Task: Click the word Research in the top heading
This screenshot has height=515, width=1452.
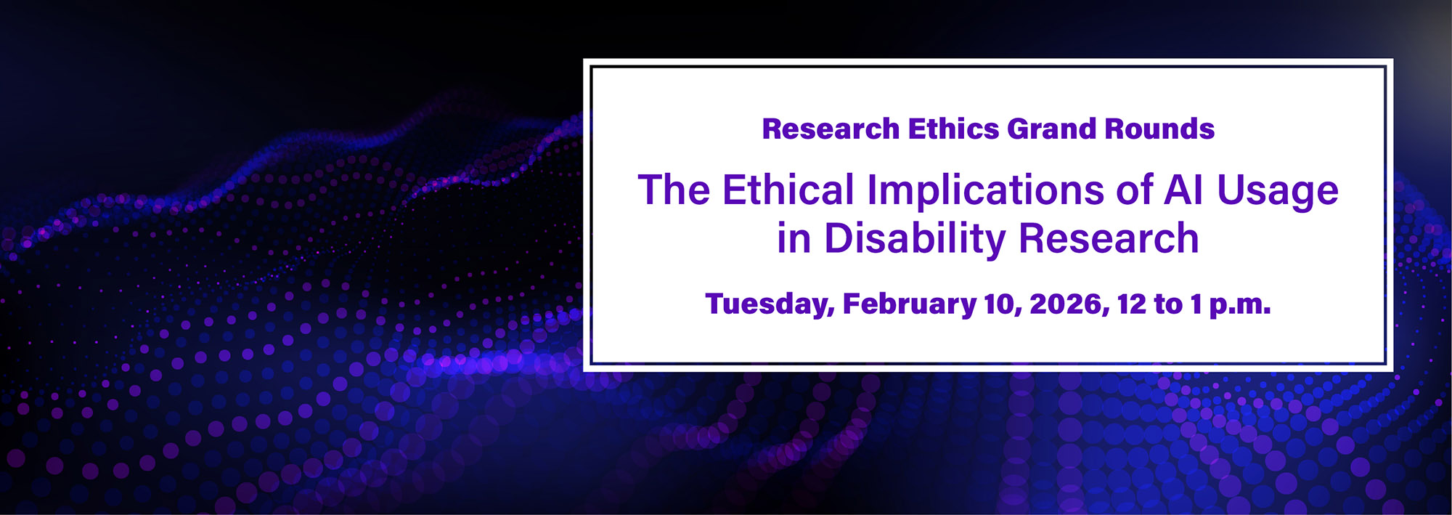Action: pyautogui.click(x=831, y=129)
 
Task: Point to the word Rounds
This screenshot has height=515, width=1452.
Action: pyautogui.click(x=1159, y=129)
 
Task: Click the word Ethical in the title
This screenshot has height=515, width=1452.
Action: pyautogui.click(x=788, y=190)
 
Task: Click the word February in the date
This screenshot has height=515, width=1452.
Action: pyautogui.click(x=909, y=304)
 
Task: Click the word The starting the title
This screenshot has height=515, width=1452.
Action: pyautogui.click(x=674, y=190)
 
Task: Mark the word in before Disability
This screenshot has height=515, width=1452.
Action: pyautogui.click(x=794, y=238)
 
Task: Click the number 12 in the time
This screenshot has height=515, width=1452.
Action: pyautogui.click(x=1131, y=304)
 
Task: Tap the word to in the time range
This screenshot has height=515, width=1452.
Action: pyautogui.click(x=1168, y=304)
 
